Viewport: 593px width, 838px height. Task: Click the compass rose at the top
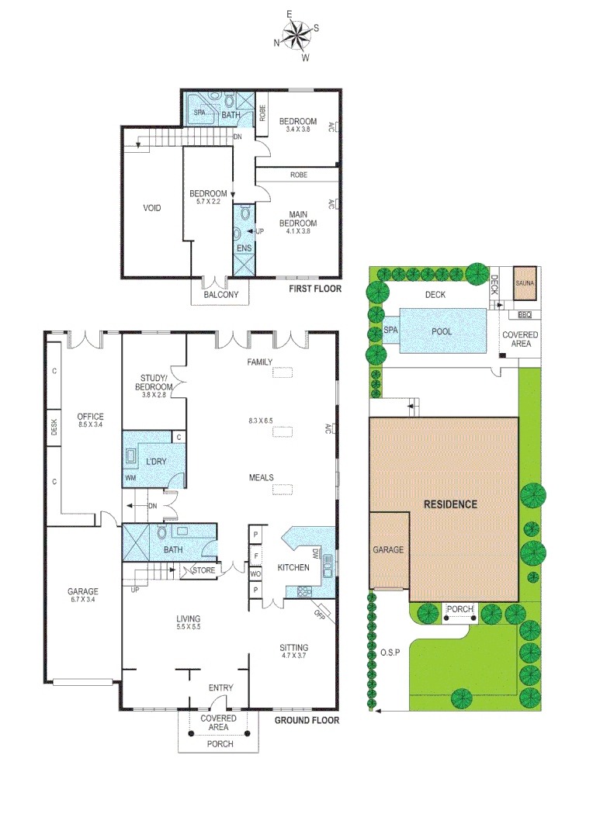tap(296, 36)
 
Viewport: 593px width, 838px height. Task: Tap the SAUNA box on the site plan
tap(525, 284)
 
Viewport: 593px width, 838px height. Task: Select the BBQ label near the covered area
tap(525, 315)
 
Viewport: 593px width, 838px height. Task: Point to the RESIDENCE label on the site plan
tap(450, 504)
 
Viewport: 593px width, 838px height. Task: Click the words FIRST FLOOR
tap(315, 289)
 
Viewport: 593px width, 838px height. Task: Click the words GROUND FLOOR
tap(307, 720)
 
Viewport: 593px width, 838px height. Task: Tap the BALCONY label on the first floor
tap(221, 296)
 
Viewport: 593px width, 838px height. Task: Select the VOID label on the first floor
tap(152, 208)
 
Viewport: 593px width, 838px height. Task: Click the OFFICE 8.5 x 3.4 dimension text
tap(90, 425)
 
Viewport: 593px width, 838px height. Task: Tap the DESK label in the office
tap(54, 428)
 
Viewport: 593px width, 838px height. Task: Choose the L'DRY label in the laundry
tap(157, 462)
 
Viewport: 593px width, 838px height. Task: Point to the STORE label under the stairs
tap(203, 570)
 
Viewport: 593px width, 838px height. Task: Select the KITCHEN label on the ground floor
tap(293, 567)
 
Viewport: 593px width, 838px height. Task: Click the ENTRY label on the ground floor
tap(220, 687)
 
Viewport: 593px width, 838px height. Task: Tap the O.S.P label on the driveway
tap(389, 652)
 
